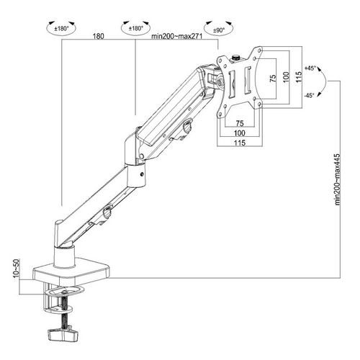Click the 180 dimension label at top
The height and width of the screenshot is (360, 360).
[99, 36]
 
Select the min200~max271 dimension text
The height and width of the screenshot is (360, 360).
[177, 36]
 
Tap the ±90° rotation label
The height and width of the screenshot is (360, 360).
[219, 30]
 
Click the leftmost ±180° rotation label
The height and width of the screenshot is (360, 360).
[61, 29]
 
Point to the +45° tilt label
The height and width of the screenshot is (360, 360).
[310, 68]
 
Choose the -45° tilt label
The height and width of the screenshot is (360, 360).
[309, 96]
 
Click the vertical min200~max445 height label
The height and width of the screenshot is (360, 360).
[338, 179]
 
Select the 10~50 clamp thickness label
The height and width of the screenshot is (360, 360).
[16, 269]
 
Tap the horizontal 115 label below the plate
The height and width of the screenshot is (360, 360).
[240, 143]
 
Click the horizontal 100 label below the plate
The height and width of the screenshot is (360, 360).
[240, 133]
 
